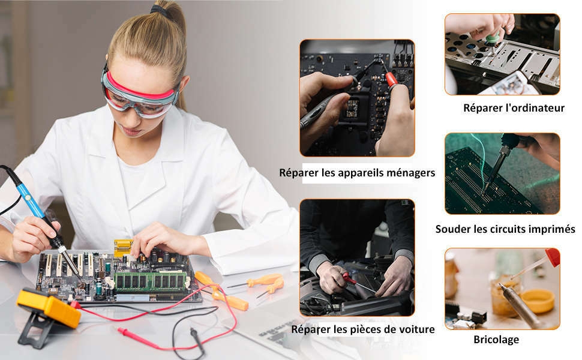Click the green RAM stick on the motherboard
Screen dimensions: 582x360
[151, 281]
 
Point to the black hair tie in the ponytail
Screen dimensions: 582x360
[160, 10]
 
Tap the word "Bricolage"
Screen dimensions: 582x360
[496, 340]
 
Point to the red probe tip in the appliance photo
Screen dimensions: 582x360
[391, 79]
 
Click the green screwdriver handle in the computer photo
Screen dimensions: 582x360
[493, 38]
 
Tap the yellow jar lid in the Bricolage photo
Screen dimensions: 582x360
[538, 301]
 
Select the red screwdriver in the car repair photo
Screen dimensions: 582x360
[357, 281]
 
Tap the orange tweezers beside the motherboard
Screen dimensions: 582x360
[266, 284]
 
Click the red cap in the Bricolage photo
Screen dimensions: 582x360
[553, 257]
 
